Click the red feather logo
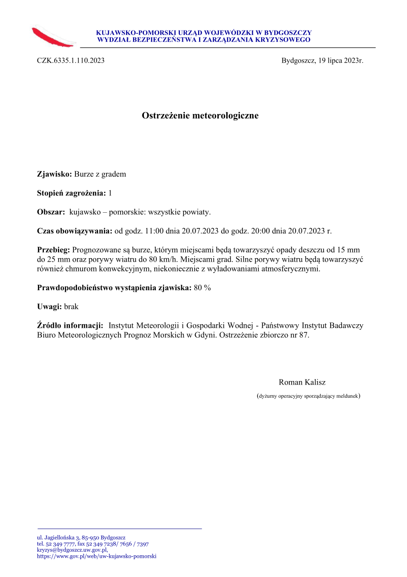click(52, 37)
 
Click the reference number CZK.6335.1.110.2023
click(70, 61)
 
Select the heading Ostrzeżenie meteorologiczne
click(200, 116)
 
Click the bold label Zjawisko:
click(55, 174)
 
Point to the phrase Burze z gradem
click(100, 174)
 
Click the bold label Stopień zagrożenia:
click(71, 193)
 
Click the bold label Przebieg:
click(54, 250)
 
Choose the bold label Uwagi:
click(50, 307)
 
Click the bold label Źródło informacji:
click(70, 326)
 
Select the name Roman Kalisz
click(302, 382)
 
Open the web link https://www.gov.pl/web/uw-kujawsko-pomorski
click(97, 556)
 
